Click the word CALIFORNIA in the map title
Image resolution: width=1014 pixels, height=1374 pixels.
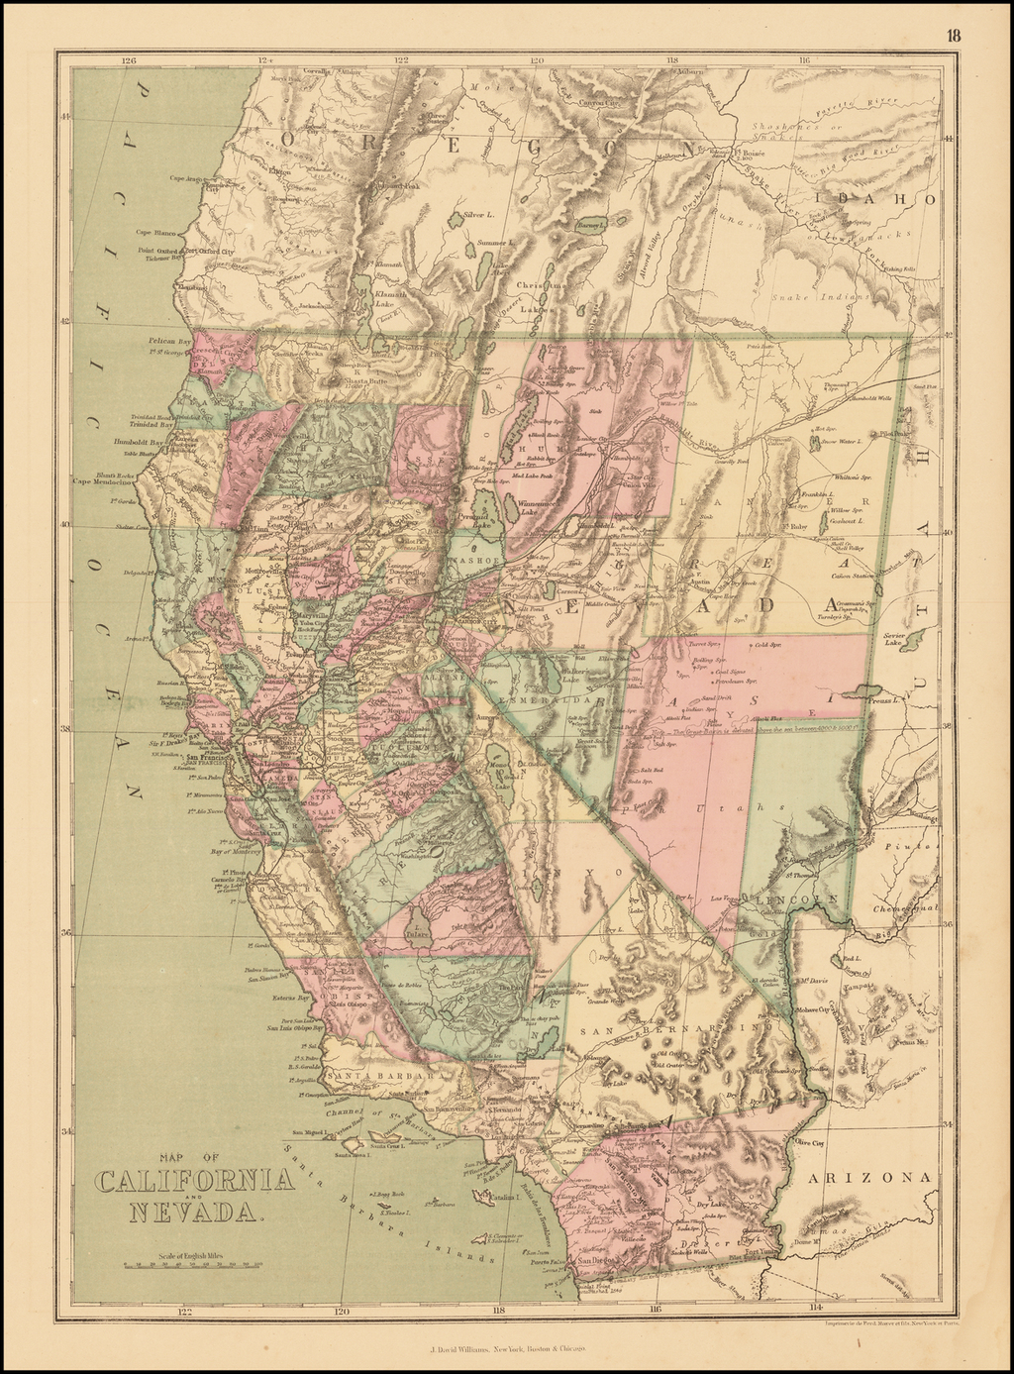coord(194,1181)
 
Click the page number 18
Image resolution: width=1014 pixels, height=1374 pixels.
coord(952,36)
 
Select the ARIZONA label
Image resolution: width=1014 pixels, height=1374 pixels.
coord(870,1178)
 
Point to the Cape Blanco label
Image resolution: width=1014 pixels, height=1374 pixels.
coord(158,233)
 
